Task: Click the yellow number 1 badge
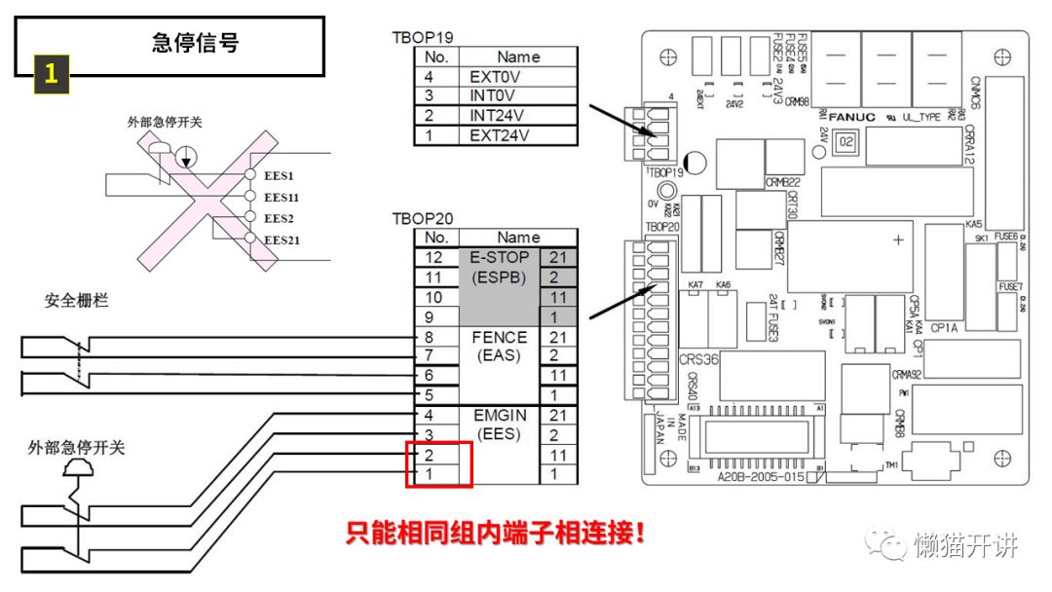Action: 52,74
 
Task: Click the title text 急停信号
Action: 195,42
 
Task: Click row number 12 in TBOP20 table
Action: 436,257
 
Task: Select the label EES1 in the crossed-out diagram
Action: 279,176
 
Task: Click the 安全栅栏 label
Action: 76,300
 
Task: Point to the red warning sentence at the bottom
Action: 496,534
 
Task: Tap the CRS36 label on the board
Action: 699,359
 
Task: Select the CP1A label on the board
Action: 947,329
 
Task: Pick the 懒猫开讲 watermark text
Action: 964,545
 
